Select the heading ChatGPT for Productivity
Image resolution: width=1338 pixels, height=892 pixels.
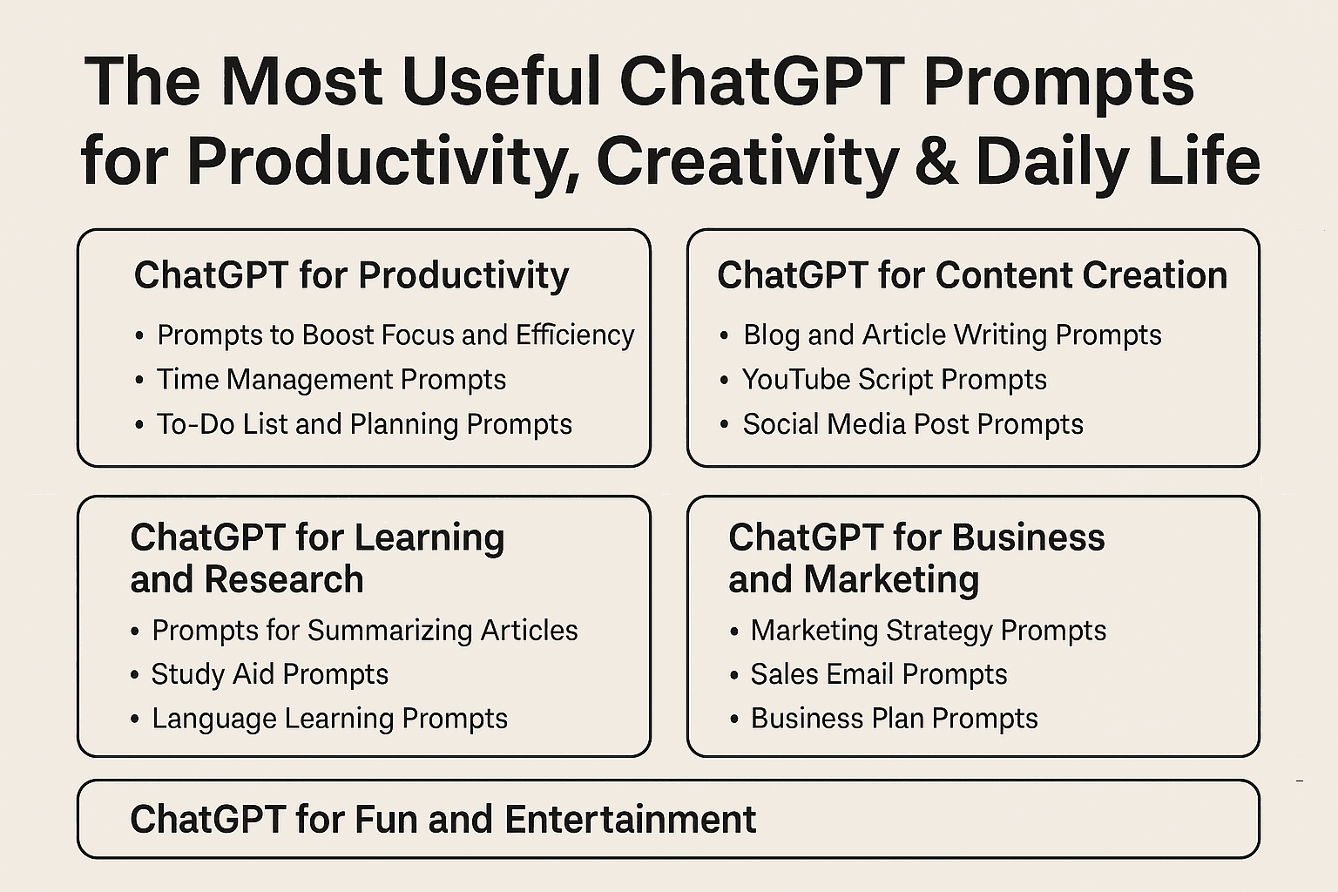[x=351, y=276]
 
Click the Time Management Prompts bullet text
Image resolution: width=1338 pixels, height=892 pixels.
[x=332, y=380]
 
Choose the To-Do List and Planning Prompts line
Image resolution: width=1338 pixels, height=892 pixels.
[x=364, y=424]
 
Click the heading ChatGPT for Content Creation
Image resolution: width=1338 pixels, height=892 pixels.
[x=972, y=275]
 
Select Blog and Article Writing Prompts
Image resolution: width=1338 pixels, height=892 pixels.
[x=952, y=335]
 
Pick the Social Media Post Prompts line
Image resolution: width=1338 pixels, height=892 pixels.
[x=913, y=424]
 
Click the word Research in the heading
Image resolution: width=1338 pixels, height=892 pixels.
[x=284, y=579]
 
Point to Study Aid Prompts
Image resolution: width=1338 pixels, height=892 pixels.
[x=270, y=674]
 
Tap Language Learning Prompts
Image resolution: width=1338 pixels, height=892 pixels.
[x=330, y=719]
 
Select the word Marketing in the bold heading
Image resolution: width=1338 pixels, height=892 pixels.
[x=891, y=580]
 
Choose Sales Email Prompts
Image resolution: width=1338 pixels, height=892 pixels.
[x=879, y=674]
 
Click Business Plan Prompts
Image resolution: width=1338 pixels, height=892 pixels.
[x=895, y=719]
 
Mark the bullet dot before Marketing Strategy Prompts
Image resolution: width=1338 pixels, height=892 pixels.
[x=734, y=632]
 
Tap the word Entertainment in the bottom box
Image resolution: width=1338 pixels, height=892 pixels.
[x=630, y=819]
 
